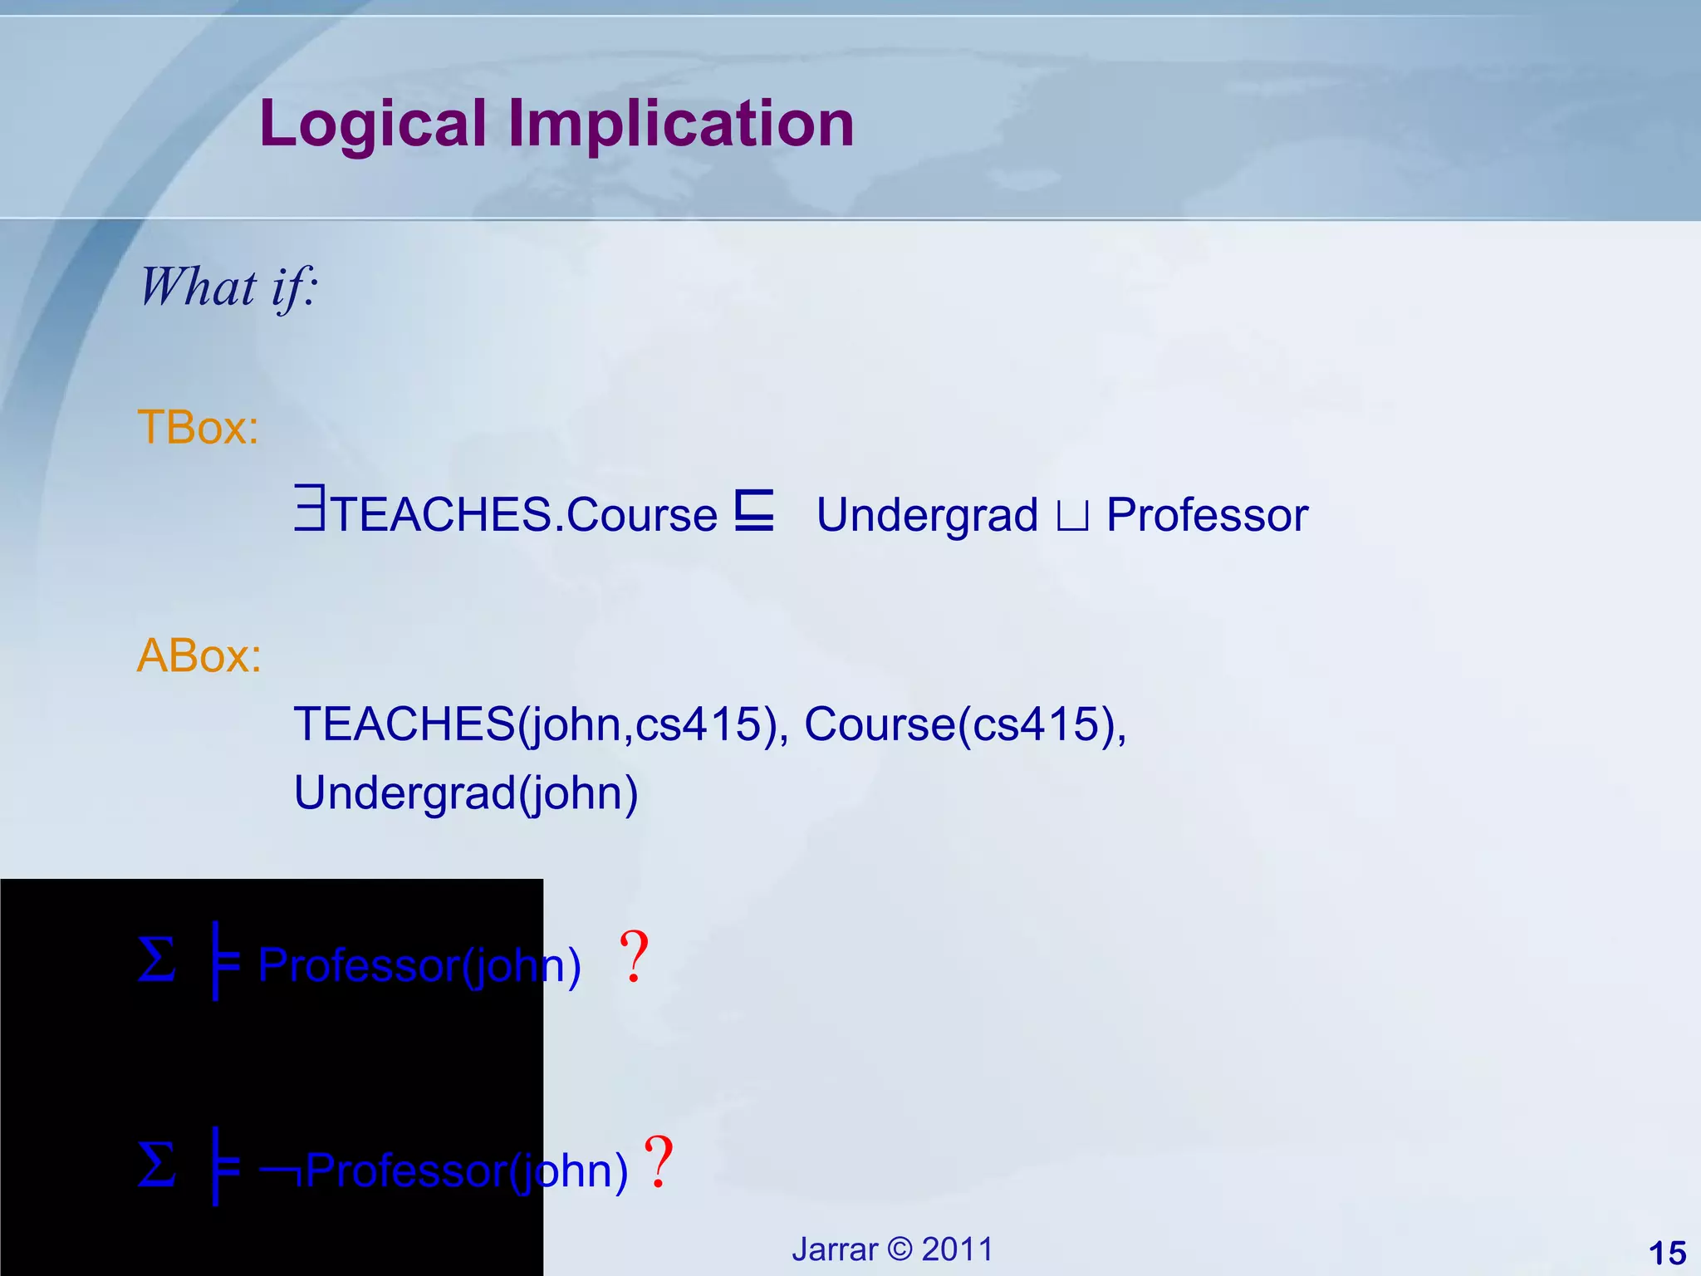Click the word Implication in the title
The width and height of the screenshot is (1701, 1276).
pyautogui.click(x=681, y=125)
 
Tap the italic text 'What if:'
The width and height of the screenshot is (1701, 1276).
pyautogui.click(x=228, y=287)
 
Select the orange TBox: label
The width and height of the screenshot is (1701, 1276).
pyautogui.click(x=198, y=427)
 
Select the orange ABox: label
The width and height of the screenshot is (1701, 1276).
pyautogui.click(x=199, y=655)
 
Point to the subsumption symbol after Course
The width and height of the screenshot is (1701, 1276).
pyautogui.click(x=754, y=510)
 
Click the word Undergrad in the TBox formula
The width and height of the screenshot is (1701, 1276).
pyautogui.click(x=927, y=515)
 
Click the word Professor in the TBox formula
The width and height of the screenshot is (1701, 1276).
pyautogui.click(x=1207, y=515)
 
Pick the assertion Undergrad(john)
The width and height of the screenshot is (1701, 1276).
pyautogui.click(x=465, y=793)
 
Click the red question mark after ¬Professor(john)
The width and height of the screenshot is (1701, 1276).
pyautogui.click(x=659, y=1163)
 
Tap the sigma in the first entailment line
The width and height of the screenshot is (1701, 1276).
pyautogui.click(x=157, y=960)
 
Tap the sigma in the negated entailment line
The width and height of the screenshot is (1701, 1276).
pyautogui.click(x=157, y=1166)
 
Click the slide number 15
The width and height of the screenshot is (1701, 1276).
pyautogui.click(x=1666, y=1253)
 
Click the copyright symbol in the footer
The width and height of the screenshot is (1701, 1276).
pyautogui.click(x=899, y=1249)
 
